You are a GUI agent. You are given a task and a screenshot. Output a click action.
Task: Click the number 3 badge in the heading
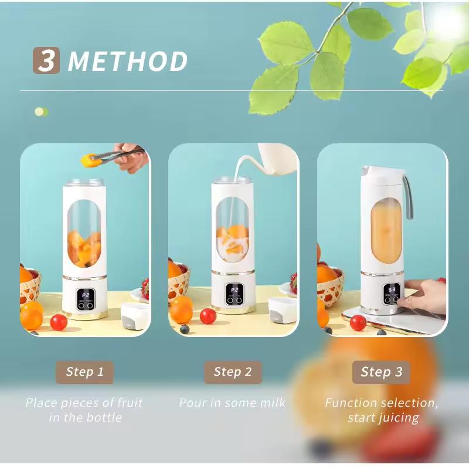tap(46, 61)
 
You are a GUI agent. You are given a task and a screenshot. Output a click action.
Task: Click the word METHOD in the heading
tap(128, 62)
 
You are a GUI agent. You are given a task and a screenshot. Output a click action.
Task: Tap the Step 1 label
tap(84, 372)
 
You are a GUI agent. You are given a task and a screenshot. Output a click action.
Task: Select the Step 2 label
tap(233, 372)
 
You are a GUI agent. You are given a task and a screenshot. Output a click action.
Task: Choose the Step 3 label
tap(381, 372)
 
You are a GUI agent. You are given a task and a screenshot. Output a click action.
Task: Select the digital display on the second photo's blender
tap(235, 290)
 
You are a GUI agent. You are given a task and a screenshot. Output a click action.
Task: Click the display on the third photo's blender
tap(392, 289)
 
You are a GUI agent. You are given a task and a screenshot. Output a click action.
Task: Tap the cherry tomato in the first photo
tap(59, 322)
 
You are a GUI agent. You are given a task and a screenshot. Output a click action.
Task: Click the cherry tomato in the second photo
tap(208, 316)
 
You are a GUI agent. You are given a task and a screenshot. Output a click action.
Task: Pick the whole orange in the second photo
tap(182, 309)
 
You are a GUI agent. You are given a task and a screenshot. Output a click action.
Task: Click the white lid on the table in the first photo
tap(135, 315)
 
